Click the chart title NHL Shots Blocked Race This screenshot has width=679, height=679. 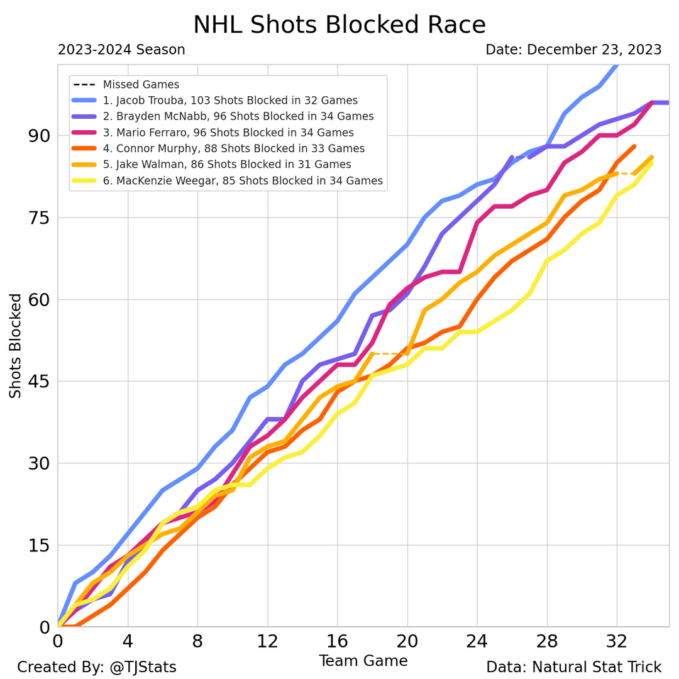pos(339,25)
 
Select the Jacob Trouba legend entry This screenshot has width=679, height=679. pos(230,101)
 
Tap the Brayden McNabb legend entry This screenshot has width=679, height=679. pos(238,116)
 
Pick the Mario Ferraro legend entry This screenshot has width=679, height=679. pos(228,133)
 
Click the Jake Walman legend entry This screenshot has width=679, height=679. pos(227,165)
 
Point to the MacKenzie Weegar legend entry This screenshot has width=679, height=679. pos(243,181)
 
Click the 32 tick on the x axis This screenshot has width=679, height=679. pos(617,643)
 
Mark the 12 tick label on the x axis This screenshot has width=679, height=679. pos(268,643)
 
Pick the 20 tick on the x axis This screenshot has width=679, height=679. pos(407,643)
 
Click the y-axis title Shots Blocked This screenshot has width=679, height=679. pos(16,346)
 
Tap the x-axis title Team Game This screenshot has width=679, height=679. pos(363,661)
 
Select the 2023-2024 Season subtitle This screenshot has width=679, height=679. pos(121,50)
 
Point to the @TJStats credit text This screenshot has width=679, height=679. pos(97,667)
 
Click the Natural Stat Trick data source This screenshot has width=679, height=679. pos(573,667)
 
